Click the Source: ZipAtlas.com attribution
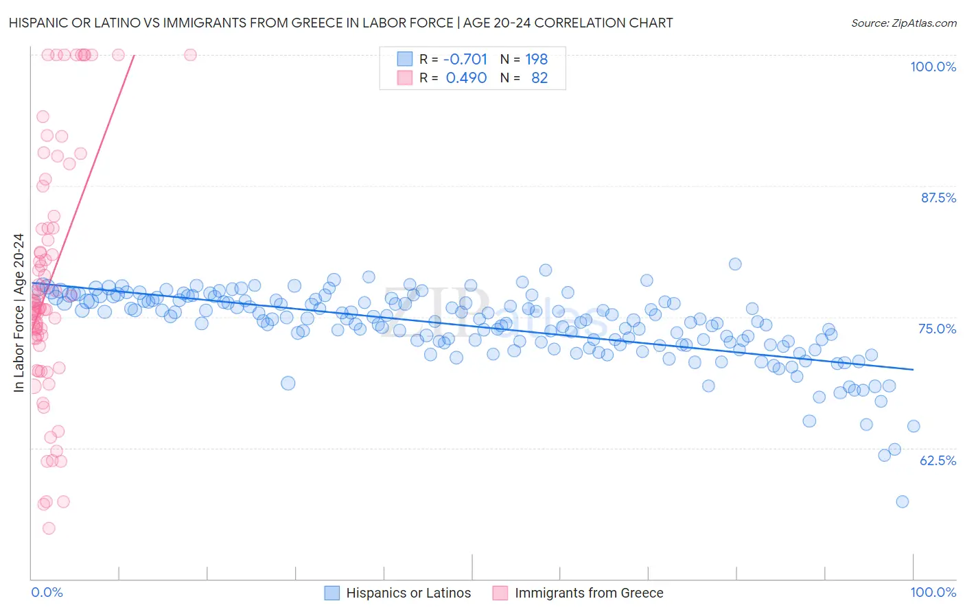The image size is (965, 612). click(903, 23)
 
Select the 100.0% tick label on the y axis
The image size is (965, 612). click(933, 67)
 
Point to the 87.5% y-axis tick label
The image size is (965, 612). click(938, 198)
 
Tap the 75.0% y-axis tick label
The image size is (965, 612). click(938, 329)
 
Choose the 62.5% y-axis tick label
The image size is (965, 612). click(938, 460)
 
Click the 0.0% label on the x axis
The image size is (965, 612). click(47, 593)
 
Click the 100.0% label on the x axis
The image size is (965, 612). click(933, 593)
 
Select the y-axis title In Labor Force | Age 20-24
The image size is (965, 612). click(19, 313)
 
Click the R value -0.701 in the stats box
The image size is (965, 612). click(466, 60)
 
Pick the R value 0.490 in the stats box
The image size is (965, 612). click(466, 78)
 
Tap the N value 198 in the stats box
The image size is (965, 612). click(536, 60)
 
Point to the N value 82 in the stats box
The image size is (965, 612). click(539, 78)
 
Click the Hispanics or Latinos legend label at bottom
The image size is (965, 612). click(408, 593)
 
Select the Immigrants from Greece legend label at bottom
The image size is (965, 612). click(589, 593)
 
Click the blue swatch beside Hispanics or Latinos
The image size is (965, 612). click(332, 593)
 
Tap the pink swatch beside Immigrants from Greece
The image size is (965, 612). click(500, 593)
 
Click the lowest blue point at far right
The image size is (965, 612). click(902, 502)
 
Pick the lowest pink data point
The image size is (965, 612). click(49, 528)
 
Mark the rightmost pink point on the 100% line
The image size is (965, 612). click(190, 55)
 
